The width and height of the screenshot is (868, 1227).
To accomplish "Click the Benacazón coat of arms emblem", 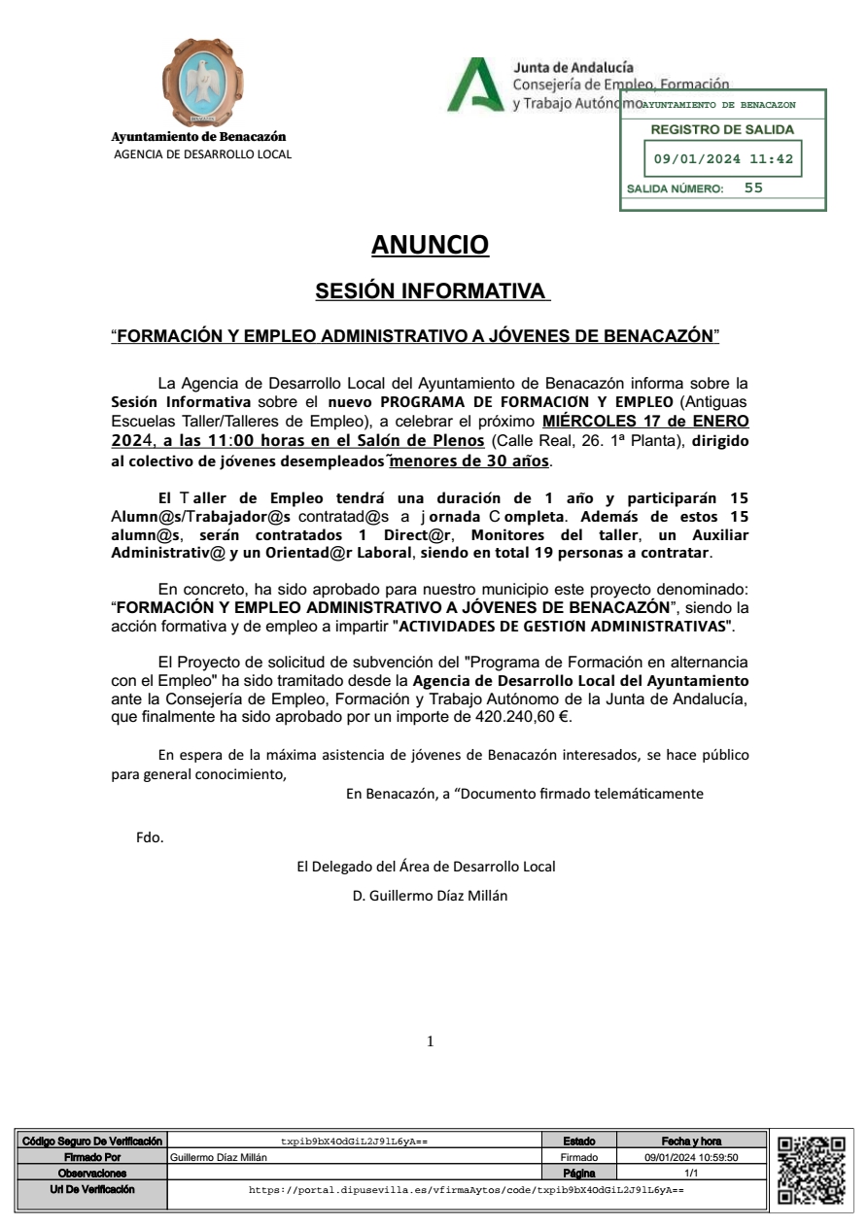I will [x=202, y=82].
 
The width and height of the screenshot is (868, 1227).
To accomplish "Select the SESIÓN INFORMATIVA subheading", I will [x=432, y=291].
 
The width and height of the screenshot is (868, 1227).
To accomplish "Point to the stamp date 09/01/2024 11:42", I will [x=723, y=159].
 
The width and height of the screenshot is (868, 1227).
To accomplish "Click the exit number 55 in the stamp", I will [x=753, y=188].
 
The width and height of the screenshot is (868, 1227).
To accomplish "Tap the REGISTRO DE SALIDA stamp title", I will [x=722, y=129].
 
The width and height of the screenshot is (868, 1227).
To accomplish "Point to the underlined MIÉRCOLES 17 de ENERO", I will [x=645, y=421].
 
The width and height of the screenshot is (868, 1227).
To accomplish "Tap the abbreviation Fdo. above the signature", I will [x=150, y=837].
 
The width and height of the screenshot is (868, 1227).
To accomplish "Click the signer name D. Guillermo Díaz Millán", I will [x=429, y=896].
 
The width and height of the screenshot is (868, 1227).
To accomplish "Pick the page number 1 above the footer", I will [x=431, y=1042].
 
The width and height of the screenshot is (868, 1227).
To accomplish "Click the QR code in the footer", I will [x=811, y=1171].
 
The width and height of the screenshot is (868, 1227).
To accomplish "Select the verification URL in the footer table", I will [x=467, y=1189].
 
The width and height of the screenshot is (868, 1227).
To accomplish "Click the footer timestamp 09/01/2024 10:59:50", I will [x=692, y=1157].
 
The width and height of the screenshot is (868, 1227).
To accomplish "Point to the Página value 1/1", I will [x=691, y=1174].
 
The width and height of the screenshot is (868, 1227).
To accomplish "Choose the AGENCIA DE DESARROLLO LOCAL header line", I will [x=202, y=153].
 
